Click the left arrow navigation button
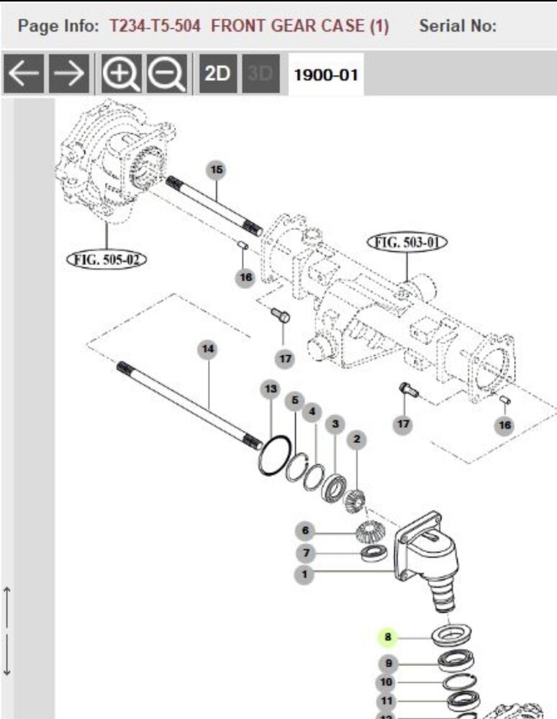pos(24,73)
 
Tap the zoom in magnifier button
pos(121,73)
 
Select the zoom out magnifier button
pos(168,73)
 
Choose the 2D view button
pos(217,73)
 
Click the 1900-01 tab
pos(326,74)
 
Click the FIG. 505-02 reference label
pos(106,259)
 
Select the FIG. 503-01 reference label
pos(407,242)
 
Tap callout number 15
pos(216,170)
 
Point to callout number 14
pos(208,349)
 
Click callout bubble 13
pos(271,390)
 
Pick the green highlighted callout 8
pos(388,637)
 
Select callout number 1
pos(305,574)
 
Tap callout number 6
pos(305,531)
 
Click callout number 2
pos(356,439)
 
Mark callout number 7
pos(306,553)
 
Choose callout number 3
pos(335,424)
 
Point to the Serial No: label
pos(458,27)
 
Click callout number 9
pos(389,663)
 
